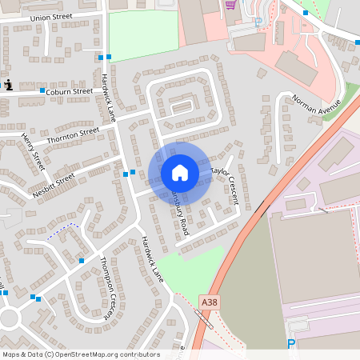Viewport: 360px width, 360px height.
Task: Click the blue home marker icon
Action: pos(179,173)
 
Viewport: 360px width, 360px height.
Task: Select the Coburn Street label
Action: pos(70,92)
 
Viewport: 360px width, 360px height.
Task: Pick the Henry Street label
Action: pos(34,152)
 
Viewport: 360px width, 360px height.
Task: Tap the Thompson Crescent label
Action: pos(110,287)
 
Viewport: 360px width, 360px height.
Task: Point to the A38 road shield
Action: pos(209,302)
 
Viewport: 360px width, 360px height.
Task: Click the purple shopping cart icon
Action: pos(230,4)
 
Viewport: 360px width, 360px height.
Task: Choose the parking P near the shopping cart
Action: pos(258,22)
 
